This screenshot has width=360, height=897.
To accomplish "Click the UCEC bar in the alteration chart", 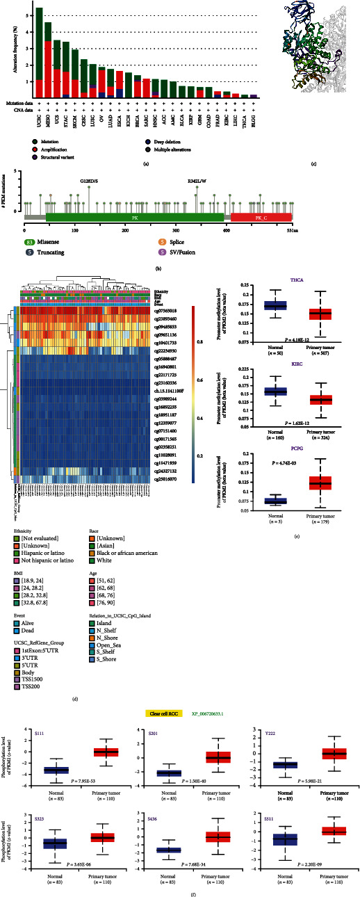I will [39, 49].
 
